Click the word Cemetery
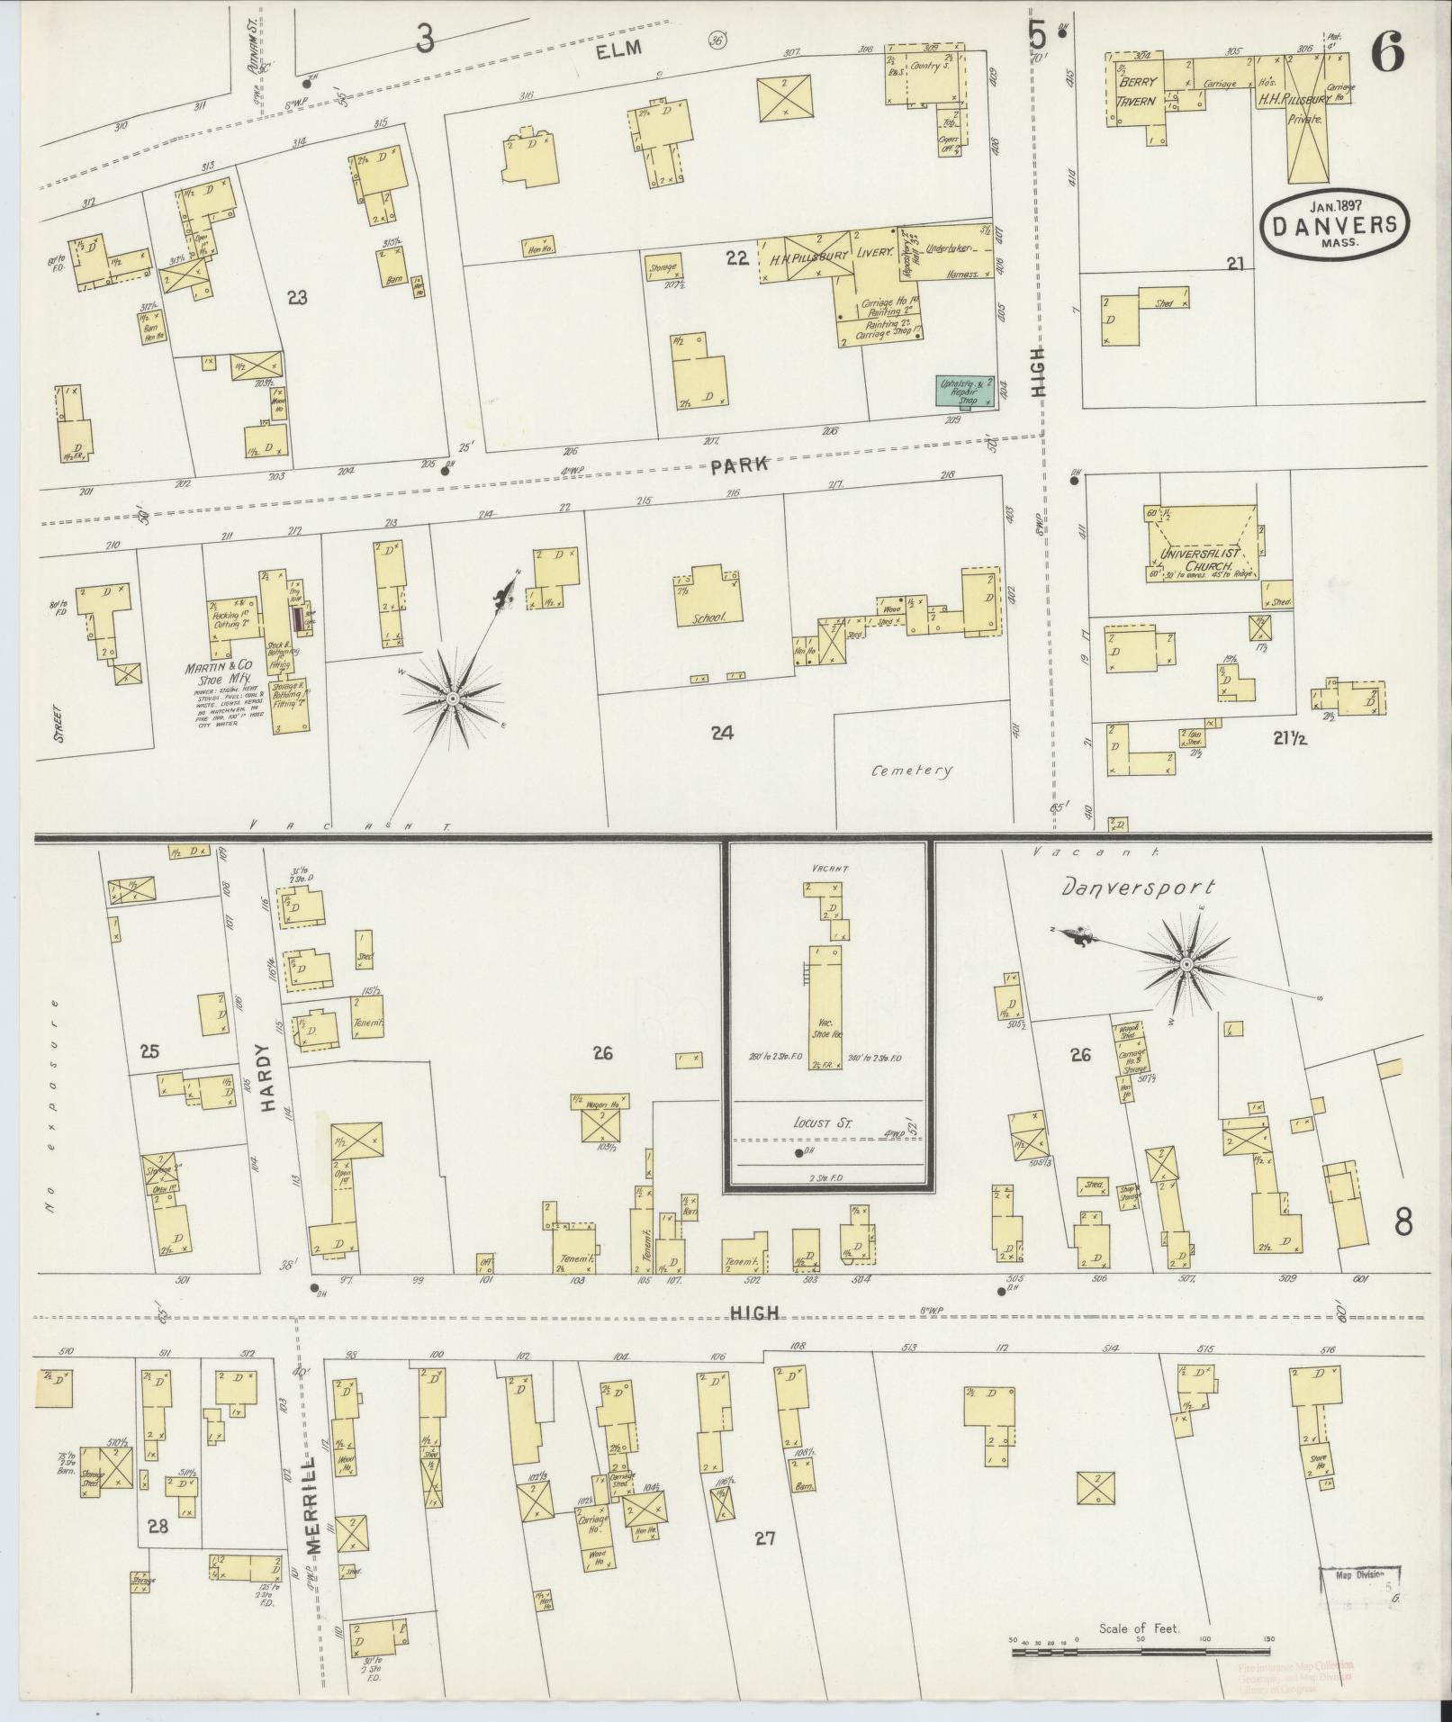[x=911, y=771]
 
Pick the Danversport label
[x=1138, y=888]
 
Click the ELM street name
[x=620, y=50]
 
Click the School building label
[x=707, y=619]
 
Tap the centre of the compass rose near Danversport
[x=1186, y=965]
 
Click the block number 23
[x=296, y=297]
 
